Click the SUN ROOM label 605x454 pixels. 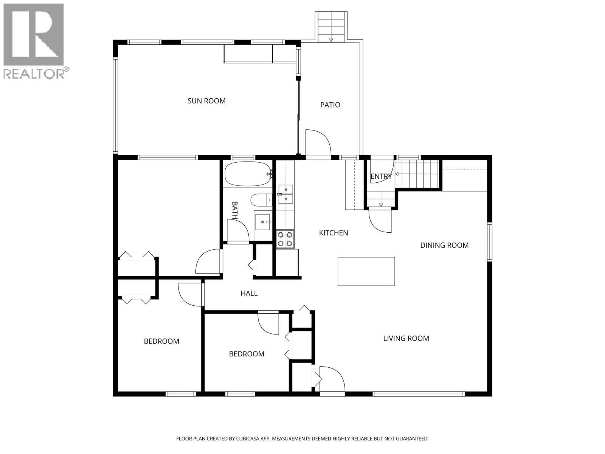click(206, 101)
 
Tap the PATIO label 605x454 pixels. click(330, 105)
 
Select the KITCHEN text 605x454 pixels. click(333, 233)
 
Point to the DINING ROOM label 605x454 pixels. click(444, 246)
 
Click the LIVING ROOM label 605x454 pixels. click(406, 339)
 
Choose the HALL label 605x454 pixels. click(249, 293)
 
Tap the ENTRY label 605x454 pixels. click(381, 176)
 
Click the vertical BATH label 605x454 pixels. click(234, 210)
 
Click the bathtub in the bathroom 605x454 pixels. click(248, 174)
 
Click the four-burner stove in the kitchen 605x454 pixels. click(285, 239)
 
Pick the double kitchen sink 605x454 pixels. click(285, 194)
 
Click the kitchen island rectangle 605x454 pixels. click(366, 271)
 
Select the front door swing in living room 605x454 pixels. click(332, 378)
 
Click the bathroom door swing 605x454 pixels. click(237, 230)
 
